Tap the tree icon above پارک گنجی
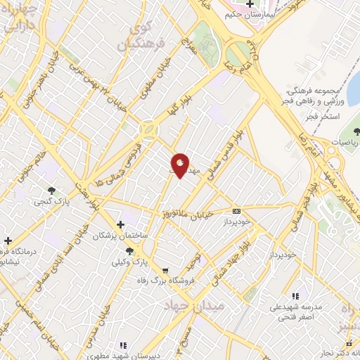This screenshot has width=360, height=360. coord(51,190)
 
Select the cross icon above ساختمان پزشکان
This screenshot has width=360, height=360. coord(121,224)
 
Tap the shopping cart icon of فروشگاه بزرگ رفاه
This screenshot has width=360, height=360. coord(165,270)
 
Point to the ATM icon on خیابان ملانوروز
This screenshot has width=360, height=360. coord(236,210)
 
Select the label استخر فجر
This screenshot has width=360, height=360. coord(323,115)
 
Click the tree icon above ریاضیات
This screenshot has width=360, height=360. coord(355,131)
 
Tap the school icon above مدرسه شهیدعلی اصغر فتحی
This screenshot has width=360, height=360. coord(295,297)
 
